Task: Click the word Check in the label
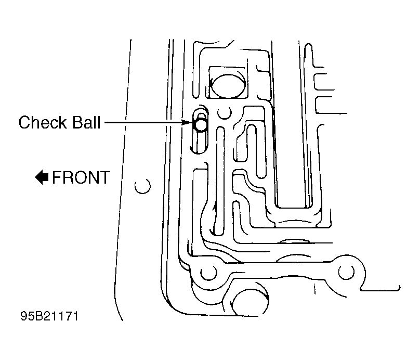pyautogui.click(x=43, y=122)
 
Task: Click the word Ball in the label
pyautogui.click(x=86, y=122)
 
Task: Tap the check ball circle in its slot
pyautogui.click(x=201, y=124)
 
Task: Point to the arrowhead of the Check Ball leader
pyautogui.click(x=187, y=122)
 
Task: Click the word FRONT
pyautogui.click(x=81, y=177)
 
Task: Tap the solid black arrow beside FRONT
pyautogui.click(x=42, y=177)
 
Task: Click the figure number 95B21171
pyautogui.click(x=49, y=316)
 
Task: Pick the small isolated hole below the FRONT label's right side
pyautogui.click(x=142, y=186)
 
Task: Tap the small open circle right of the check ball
pyautogui.click(x=225, y=112)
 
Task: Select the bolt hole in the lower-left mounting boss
pyautogui.click(x=208, y=273)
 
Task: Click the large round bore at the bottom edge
pyautogui.click(x=250, y=301)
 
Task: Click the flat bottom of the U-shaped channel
pyautogui.click(x=294, y=208)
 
